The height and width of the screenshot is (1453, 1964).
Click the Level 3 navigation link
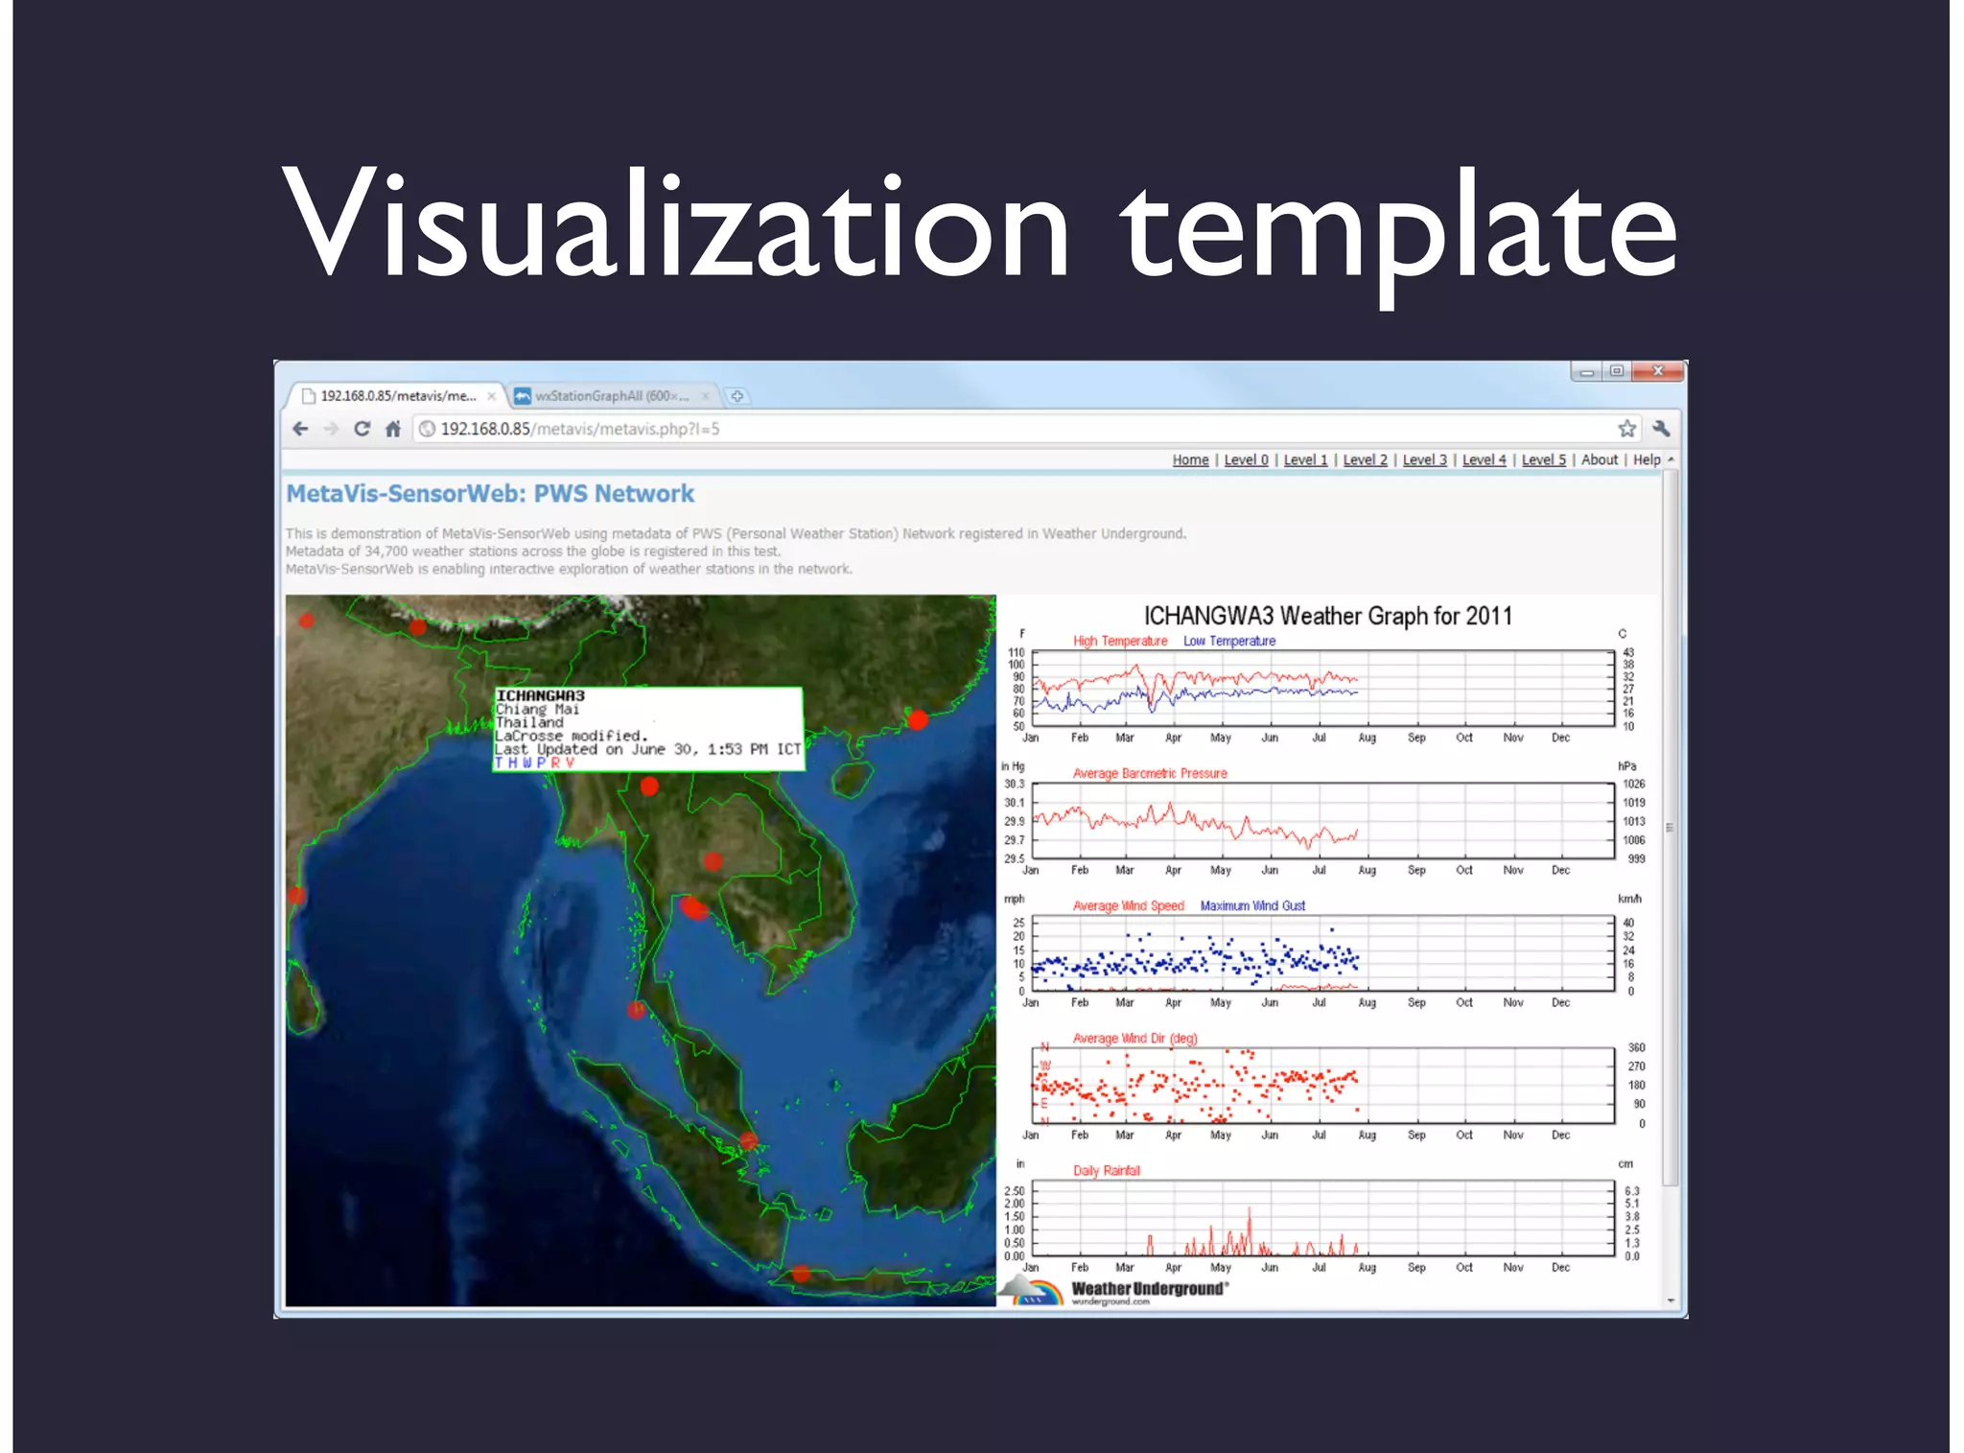click(1424, 460)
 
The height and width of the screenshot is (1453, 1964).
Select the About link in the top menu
click(1599, 460)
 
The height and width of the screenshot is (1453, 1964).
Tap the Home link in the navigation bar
click(1190, 460)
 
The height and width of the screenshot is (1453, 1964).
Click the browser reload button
click(362, 429)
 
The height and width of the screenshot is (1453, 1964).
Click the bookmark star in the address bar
click(1626, 429)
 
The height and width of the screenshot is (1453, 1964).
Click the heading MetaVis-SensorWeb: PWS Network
click(490, 494)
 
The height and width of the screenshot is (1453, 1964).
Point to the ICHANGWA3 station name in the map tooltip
click(540, 695)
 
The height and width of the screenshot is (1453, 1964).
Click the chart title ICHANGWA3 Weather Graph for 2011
click(1327, 616)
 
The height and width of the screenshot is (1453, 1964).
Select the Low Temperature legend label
click(1228, 641)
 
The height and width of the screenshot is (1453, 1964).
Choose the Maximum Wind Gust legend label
click(1252, 905)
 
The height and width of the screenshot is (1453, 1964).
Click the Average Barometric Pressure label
click(1150, 773)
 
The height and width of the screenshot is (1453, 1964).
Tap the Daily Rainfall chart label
click(1106, 1170)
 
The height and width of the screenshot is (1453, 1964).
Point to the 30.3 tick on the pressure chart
click(1014, 784)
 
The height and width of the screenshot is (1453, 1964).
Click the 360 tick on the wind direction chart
click(1636, 1047)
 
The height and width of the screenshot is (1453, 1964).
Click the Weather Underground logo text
click(1149, 1289)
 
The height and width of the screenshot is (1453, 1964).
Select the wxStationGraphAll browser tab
click(611, 396)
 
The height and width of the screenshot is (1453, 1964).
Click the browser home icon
click(393, 429)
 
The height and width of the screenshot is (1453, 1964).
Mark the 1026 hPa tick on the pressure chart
click(1633, 784)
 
